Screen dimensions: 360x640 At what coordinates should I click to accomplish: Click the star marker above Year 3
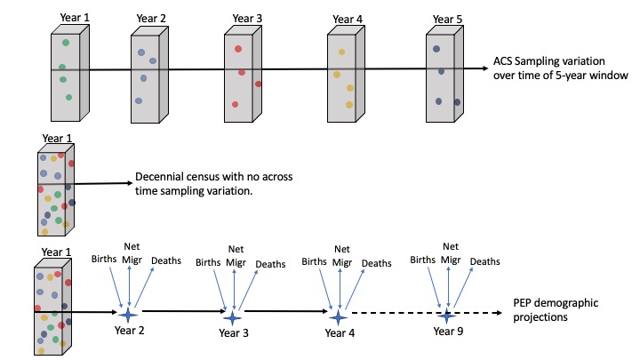tap(232, 316)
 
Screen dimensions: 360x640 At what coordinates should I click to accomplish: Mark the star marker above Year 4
tap(337, 316)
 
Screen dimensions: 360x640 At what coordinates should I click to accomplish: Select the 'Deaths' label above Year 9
tap(484, 261)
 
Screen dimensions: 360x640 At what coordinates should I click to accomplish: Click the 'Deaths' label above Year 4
tap(376, 263)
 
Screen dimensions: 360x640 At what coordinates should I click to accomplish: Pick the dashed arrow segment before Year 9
tap(391, 315)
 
